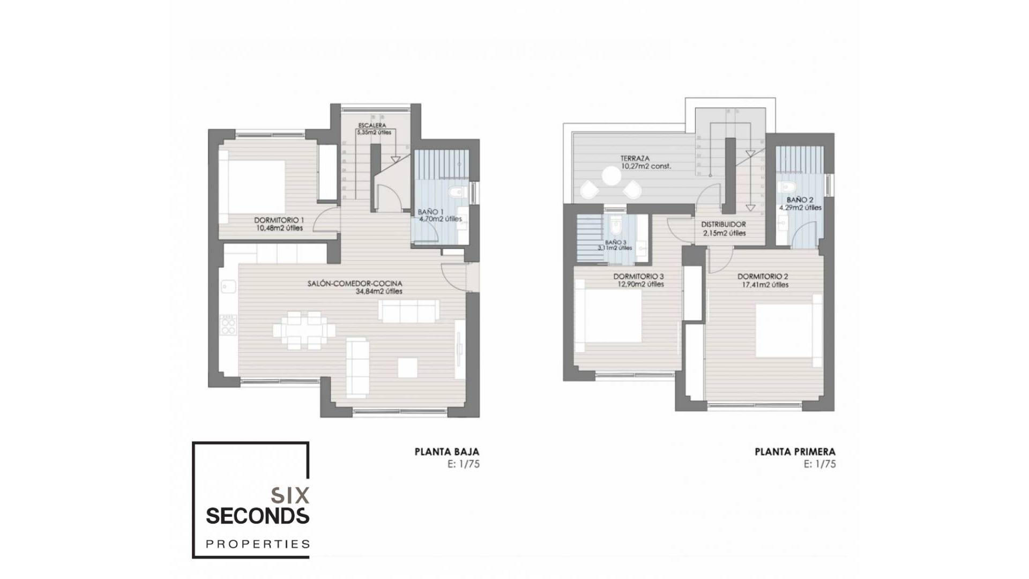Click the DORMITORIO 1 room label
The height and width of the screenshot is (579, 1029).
click(279, 220)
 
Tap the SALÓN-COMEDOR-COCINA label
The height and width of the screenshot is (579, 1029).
click(355, 284)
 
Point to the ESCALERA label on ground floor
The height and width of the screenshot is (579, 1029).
click(372, 125)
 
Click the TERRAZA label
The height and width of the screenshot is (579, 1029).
click(635, 159)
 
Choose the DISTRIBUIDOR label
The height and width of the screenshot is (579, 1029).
click(724, 225)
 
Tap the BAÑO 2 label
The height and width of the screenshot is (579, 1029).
click(800, 200)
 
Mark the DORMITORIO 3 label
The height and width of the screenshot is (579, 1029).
click(638, 277)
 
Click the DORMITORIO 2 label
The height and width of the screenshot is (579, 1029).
click(763, 277)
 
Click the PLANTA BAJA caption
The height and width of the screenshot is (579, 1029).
click(447, 452)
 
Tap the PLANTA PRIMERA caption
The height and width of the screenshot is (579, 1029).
click(795, 452)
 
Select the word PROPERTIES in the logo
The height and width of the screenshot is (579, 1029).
click(258, 544)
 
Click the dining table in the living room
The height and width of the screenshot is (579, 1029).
click(303, 330)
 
